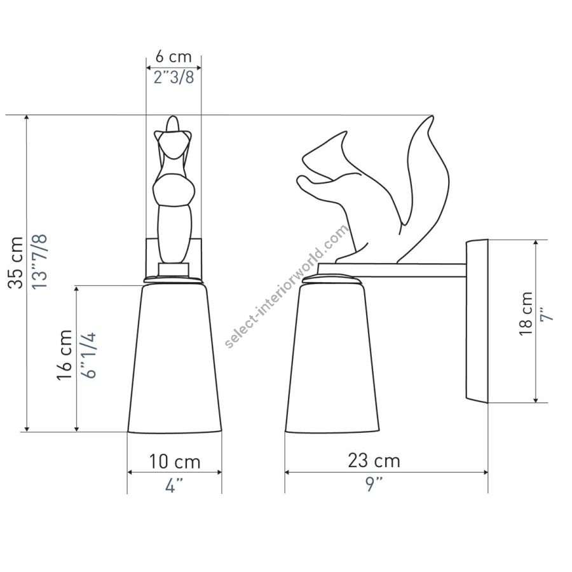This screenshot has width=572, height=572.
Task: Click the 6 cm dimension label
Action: point(174,57)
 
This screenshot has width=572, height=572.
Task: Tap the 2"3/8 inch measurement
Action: point(174,78)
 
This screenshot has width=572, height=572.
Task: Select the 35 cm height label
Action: point(16,262)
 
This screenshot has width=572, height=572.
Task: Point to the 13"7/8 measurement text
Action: point(39,262)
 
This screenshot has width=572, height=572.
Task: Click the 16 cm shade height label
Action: point(65,355)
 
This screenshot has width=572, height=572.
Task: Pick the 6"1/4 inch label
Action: point(88,355)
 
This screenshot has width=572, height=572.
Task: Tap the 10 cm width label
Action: point(175,461)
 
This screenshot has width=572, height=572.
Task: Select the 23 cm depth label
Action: point(374,460)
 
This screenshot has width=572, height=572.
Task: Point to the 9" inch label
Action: point(374,484)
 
